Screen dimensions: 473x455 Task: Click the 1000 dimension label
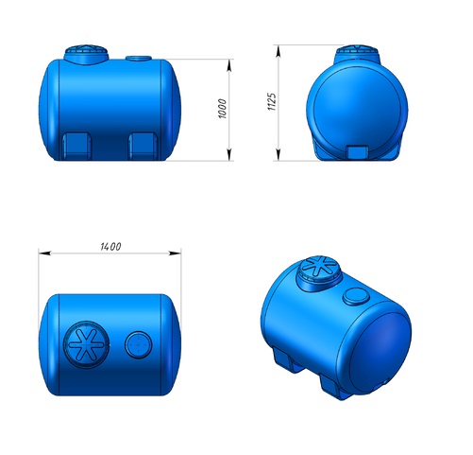coord(222,109)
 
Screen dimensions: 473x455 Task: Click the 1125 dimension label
coord(272,101)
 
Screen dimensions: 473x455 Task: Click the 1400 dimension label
coord(110,247)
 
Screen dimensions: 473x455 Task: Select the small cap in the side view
coord(139,59)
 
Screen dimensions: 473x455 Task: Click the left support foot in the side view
coord(76,147)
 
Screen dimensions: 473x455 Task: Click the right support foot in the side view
coord(144,147)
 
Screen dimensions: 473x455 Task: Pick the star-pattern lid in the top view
coord(87,344)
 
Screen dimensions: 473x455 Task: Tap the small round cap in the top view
coord(139,344)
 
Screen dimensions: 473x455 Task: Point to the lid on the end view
coord(357,54)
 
